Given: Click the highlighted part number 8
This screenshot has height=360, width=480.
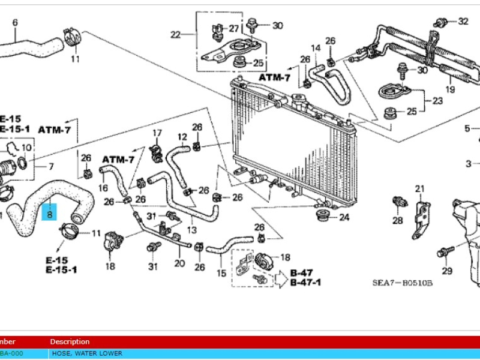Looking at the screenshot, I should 50,212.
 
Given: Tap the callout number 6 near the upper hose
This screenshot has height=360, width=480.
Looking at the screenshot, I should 15,23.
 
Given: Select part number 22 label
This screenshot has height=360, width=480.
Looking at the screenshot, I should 175,35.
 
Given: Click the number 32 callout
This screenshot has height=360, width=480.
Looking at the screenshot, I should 463,22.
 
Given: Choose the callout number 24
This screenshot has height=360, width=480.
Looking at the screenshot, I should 344,217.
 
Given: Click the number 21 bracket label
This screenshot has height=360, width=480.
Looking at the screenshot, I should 419,189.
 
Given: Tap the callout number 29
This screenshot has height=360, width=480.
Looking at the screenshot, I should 446,271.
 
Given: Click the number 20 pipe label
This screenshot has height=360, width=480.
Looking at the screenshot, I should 179,263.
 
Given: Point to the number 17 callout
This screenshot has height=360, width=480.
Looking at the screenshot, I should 157,133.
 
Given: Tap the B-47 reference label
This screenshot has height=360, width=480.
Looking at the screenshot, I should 302,273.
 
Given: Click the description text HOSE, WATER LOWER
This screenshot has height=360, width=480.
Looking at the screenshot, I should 87,353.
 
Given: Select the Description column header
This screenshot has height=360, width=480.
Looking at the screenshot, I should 70,341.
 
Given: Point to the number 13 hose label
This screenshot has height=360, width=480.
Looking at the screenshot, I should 192,230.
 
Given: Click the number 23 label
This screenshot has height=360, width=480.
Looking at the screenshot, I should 438,101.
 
